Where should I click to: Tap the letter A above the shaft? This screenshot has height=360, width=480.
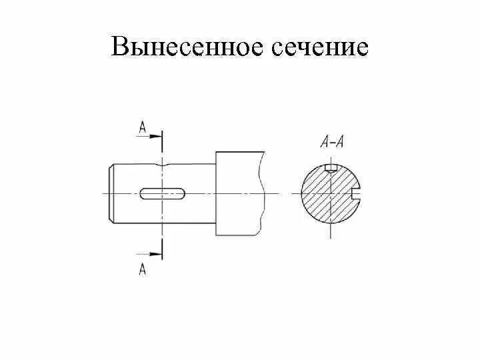pyautogui.click(x=142, y=127)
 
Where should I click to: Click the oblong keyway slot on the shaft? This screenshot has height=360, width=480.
pyautogui.click(x=163, y=193)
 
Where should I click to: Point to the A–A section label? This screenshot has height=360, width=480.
pyautogui.click(x=331, y=141)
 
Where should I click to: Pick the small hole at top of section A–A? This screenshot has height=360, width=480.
pyautogui.click(x=329, y=167)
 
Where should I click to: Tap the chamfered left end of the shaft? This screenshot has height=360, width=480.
pyautogui.click(x=111, y=193)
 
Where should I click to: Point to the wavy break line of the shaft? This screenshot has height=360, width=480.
pyautogui.click(x=260, y=193)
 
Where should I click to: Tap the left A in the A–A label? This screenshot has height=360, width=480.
pyautogui.click(x=325, y=141)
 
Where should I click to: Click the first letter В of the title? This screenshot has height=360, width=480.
pyautogui.click(x=121, y=46)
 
